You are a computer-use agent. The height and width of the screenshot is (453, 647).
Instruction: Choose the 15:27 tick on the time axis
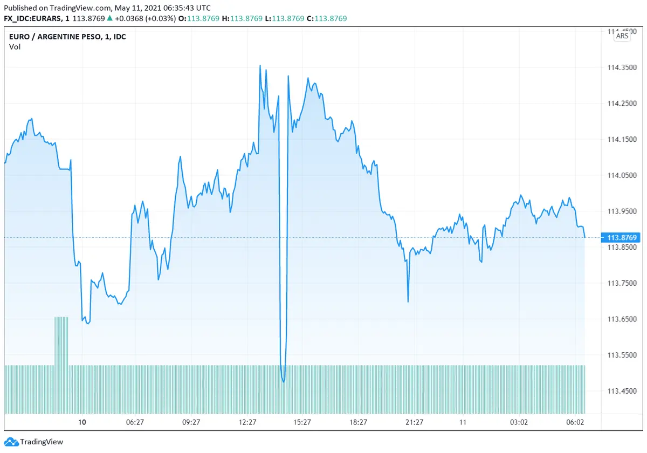click(x=302, y=422)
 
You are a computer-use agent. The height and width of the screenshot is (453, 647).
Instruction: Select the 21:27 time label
click(x=414, y=422)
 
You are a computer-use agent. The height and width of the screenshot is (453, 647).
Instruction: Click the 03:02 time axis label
click(x=519, y=422)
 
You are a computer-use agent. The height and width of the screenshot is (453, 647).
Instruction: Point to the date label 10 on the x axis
click(x=82, y=422)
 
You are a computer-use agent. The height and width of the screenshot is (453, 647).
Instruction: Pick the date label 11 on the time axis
click(x=463, y=422)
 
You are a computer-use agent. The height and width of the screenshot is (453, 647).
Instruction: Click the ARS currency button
click(x=622, y=36)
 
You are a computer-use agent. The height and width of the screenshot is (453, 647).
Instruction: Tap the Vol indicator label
click(x=15, y=47)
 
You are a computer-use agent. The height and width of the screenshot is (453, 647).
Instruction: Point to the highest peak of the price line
click(x=260, y=66)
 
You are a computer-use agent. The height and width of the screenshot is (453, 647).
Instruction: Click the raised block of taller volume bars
click(x=61, y=340)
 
